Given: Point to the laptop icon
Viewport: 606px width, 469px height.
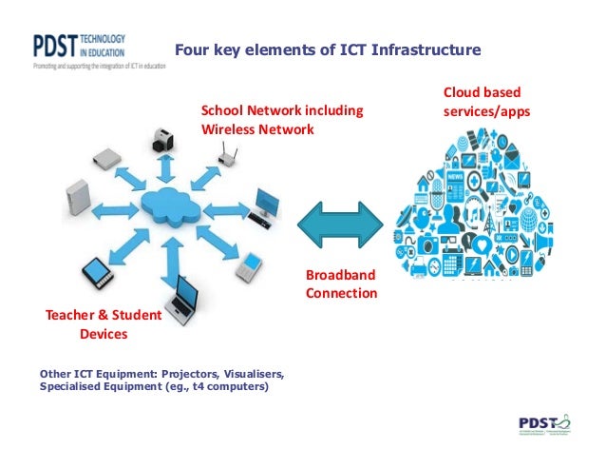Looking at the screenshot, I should pyautogui.click(x=180, y=305).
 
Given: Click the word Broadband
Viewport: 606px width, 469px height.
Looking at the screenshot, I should pyautogui.click(x=340, y=275).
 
